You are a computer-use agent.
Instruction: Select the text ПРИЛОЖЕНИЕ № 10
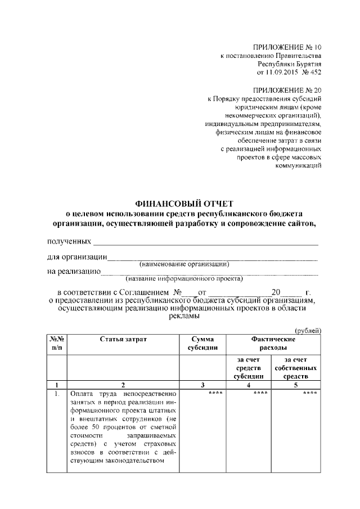(289, 47)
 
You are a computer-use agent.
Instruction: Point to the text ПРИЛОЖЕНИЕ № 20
(289, 89)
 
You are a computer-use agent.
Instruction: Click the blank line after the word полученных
(206, 243)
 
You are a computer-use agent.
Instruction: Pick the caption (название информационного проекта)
(184, 278)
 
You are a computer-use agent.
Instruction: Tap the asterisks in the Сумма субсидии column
(215, 393)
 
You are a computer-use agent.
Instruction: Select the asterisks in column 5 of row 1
(310, 393)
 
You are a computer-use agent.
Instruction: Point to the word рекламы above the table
(183, 317)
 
